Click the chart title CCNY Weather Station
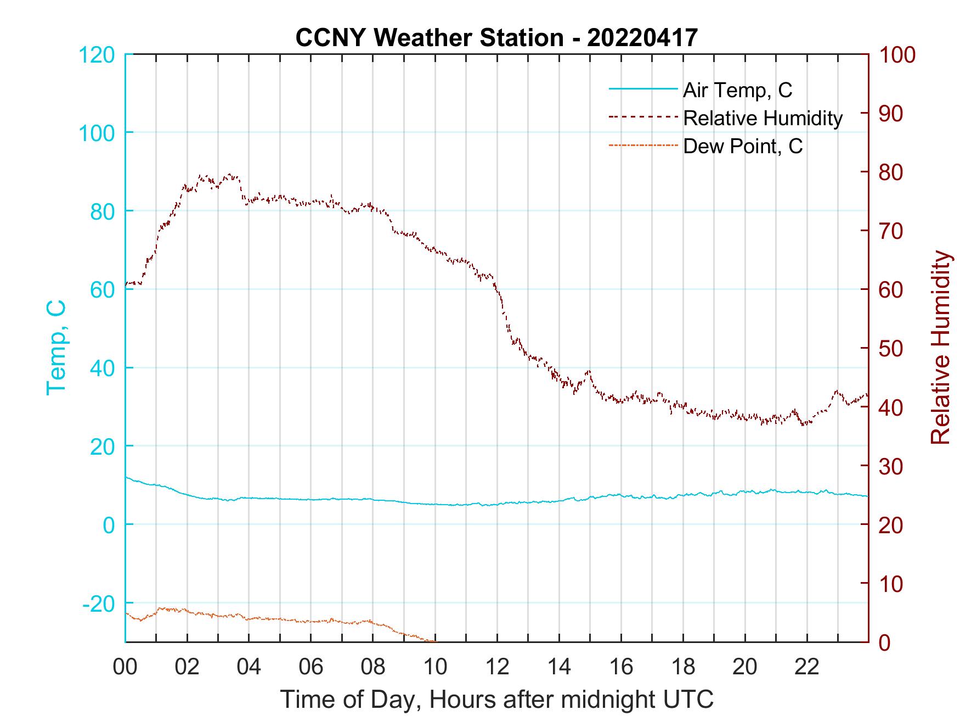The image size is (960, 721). (x=496, y=37)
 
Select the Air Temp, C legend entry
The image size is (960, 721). (x=737, y=90)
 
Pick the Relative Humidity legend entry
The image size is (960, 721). (x=763, y=118)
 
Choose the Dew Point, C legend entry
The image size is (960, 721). (x=743, y=146)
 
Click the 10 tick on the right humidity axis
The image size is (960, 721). (x=892, y=584)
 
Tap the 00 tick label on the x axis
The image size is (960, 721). (x=125, y=667)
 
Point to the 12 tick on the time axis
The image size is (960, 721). (x=497, y=667)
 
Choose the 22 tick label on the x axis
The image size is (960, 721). (x=807, y=667)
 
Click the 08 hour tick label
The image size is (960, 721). (x=373, y=667)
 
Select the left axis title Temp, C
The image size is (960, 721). (x=57, y=348)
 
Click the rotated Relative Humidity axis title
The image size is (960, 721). (x=940, y=348)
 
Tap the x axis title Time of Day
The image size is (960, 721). (x=496, y=699)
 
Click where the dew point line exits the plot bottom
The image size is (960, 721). (x=434, y=641)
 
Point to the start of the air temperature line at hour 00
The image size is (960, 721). (x=127, y=477)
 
